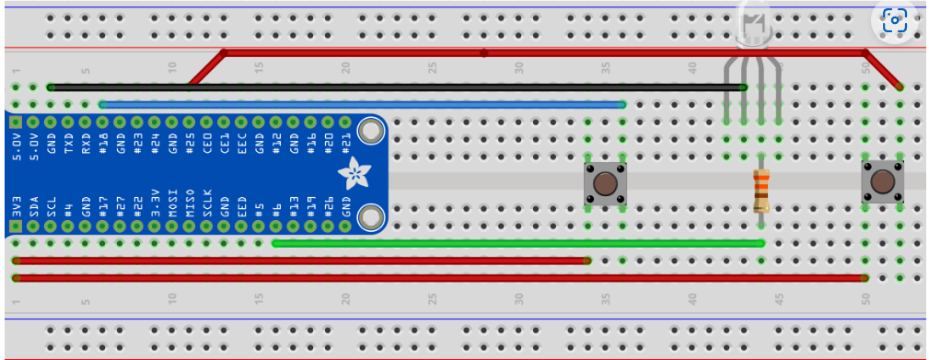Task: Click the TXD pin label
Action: point(68,145)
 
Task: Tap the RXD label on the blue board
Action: point(86,145)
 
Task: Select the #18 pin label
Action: point(103,145)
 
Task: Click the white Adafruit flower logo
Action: point(352,172)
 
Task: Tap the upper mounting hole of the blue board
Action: point(371,132)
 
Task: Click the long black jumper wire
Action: point(396,87)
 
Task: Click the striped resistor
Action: point(761,191)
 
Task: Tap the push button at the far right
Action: point(882,183)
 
